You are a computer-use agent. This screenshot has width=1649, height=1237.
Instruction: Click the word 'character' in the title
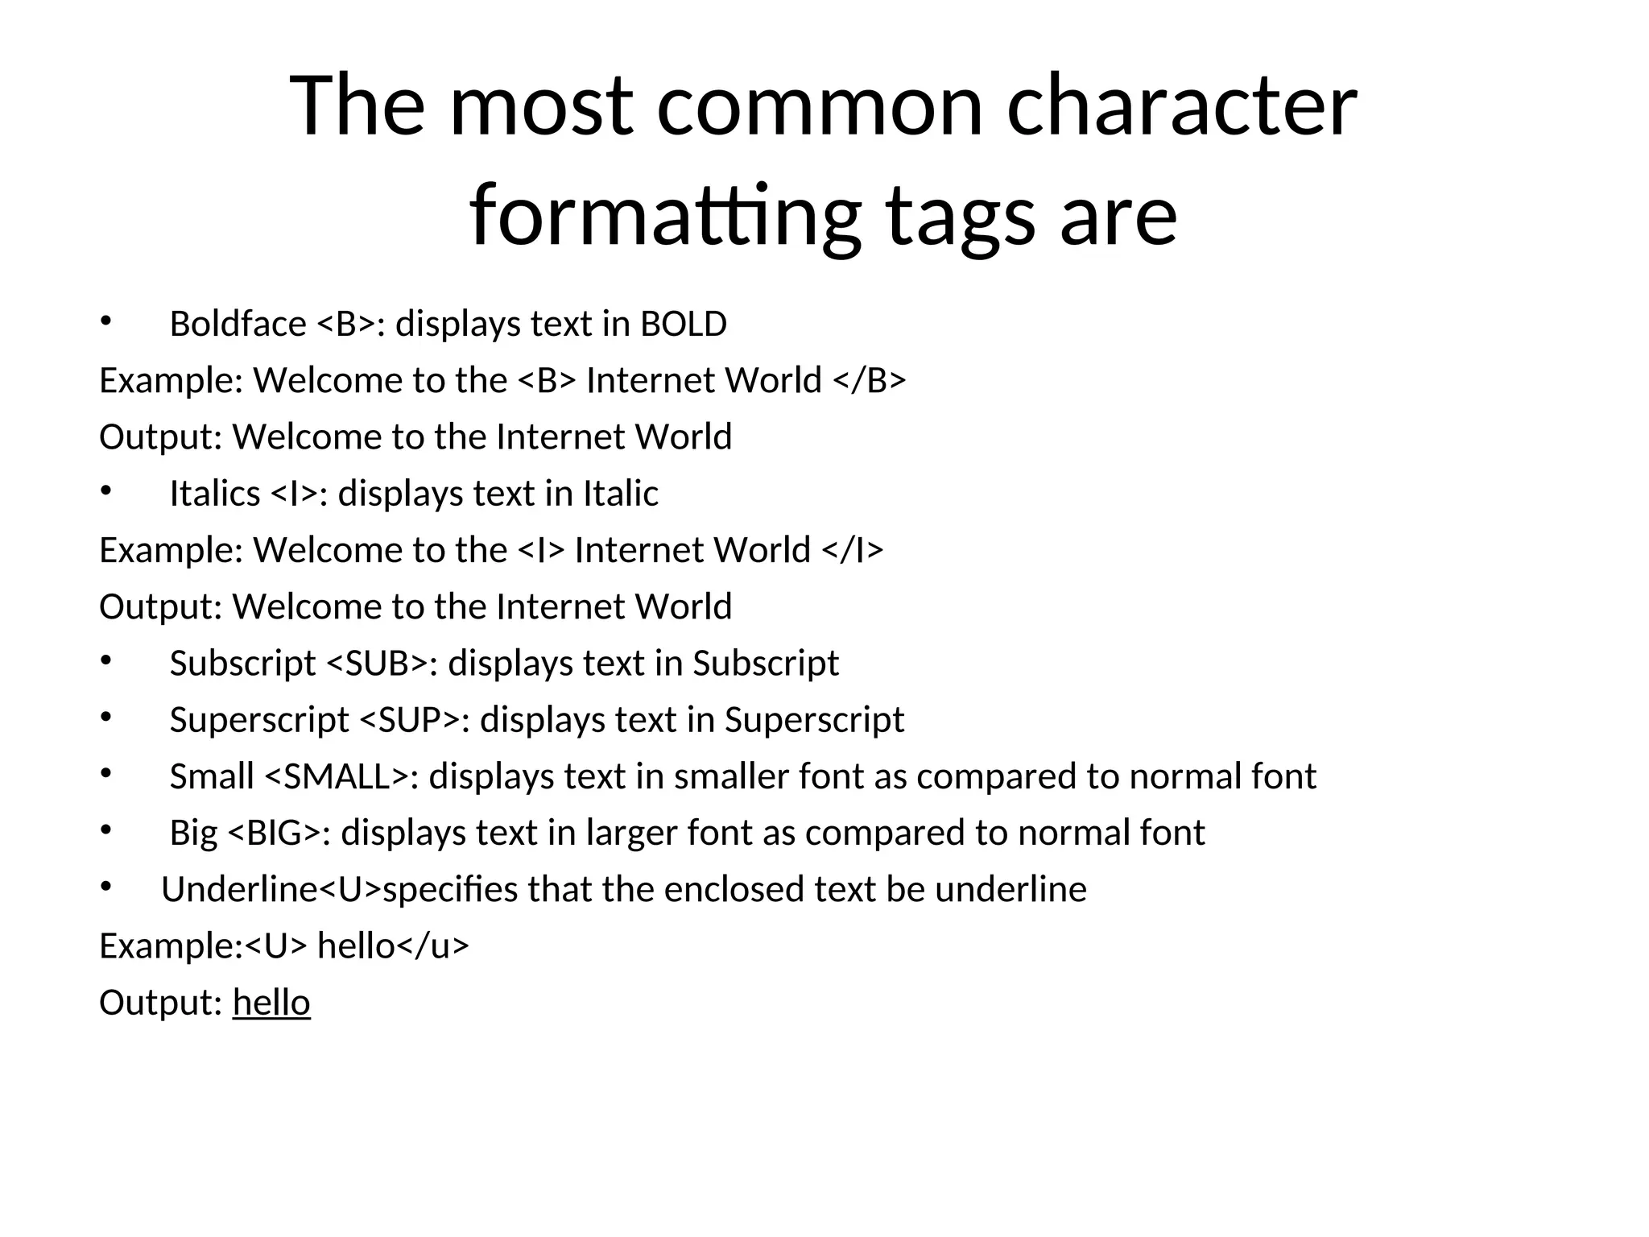click(1181, 106)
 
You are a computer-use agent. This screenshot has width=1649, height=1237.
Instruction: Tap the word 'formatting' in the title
click(664, 216)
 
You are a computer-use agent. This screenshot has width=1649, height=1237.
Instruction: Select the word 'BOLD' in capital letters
click(684, 325)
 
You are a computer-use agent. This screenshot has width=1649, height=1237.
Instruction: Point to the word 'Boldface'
click(238, 325)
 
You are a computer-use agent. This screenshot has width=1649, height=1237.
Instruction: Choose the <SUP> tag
click(409, 720)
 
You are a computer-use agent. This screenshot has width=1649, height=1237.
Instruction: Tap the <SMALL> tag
click(337, 776)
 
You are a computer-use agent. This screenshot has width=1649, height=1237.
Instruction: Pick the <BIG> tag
click(275, 833)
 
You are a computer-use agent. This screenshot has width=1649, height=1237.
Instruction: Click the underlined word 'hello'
click(271, 1003)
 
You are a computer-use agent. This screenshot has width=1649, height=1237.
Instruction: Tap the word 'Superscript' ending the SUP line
click(814, 720)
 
